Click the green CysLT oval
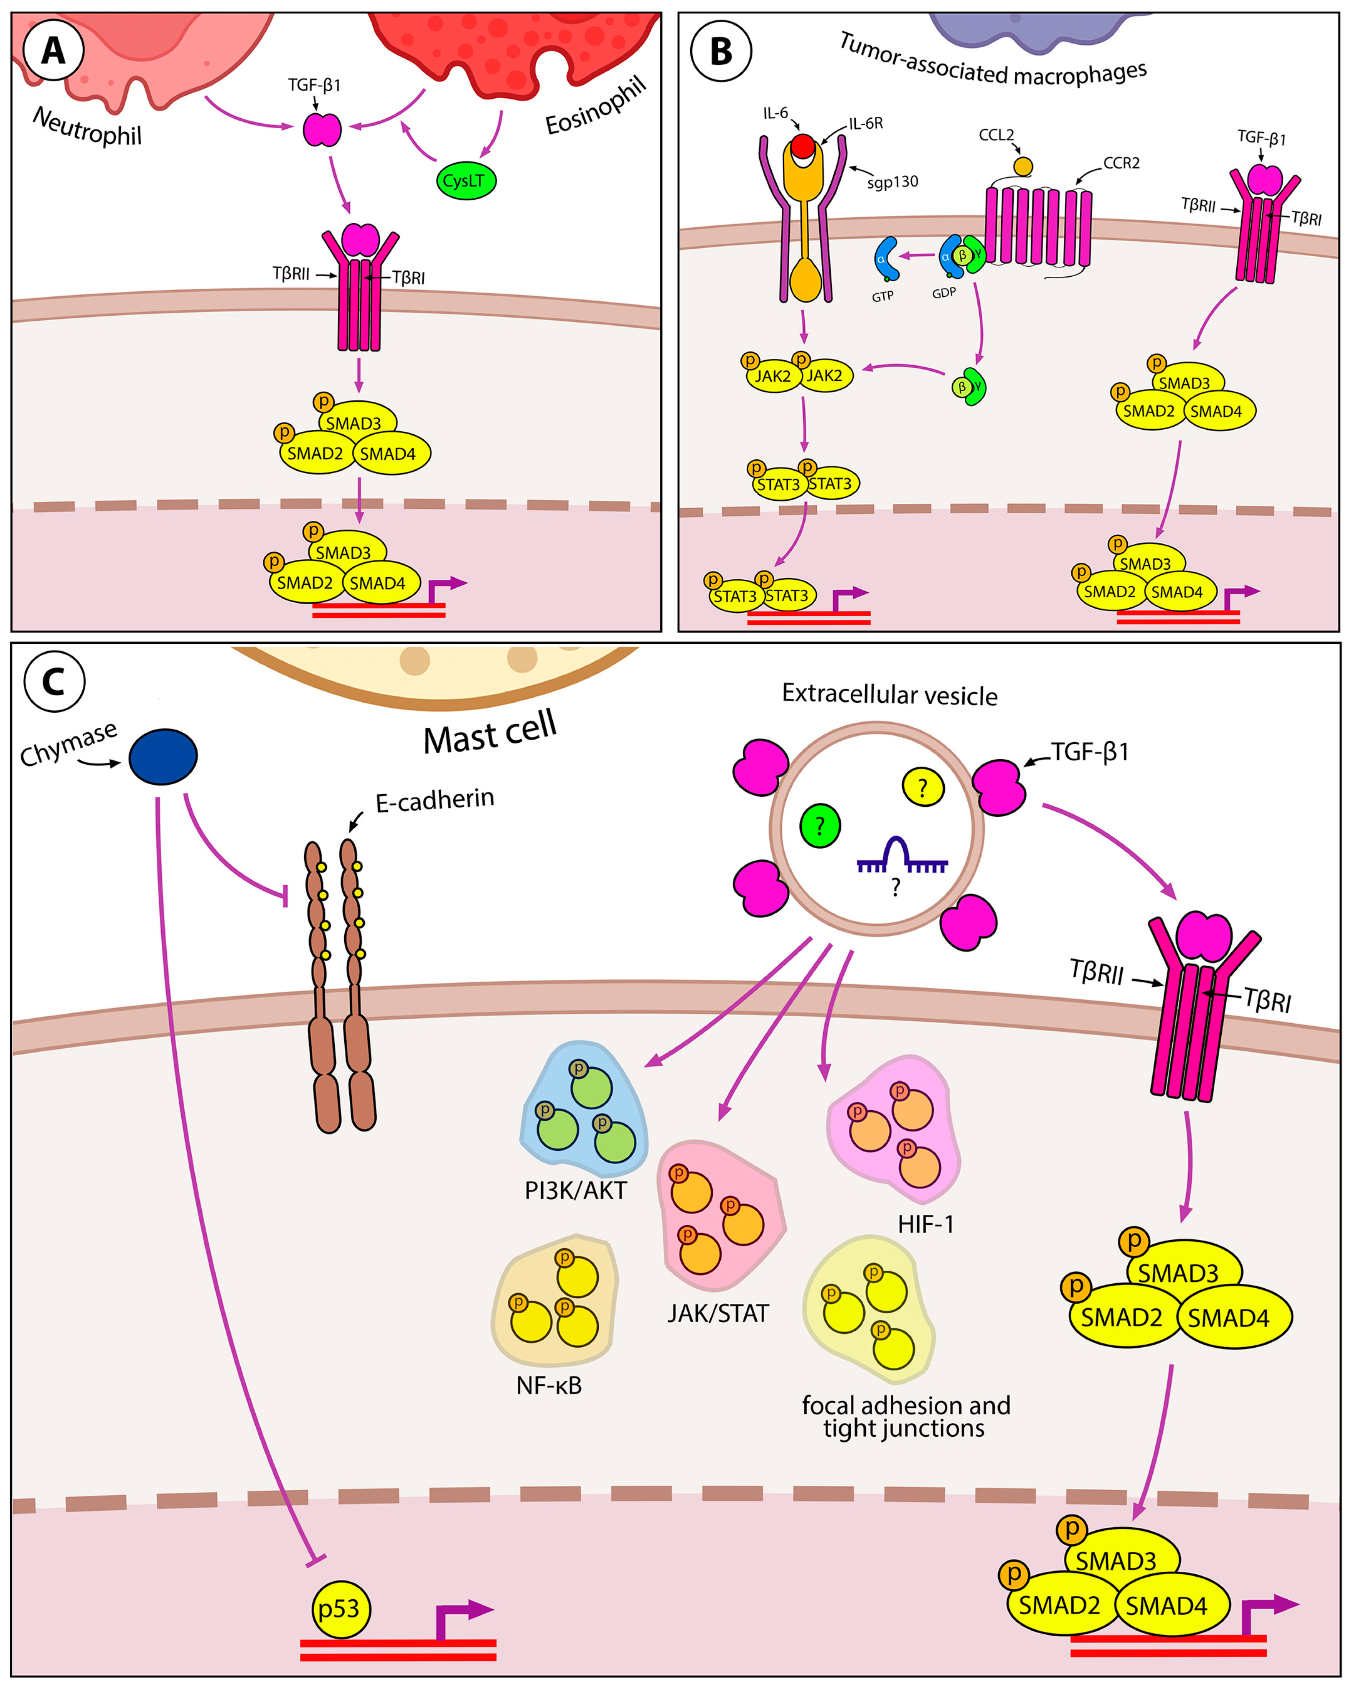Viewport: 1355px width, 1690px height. (465, 180)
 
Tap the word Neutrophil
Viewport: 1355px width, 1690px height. (87, 126)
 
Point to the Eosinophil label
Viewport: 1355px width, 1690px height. (595, 105)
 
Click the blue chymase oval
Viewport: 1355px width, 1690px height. (163, 757)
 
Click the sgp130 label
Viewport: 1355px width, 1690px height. (892, 182)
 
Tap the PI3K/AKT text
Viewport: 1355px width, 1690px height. (576, 1190)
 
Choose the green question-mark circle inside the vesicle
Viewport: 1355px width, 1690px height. (820, 826)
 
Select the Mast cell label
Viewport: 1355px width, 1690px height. (490, 732)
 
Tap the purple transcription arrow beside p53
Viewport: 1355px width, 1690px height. (463, 1618)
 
